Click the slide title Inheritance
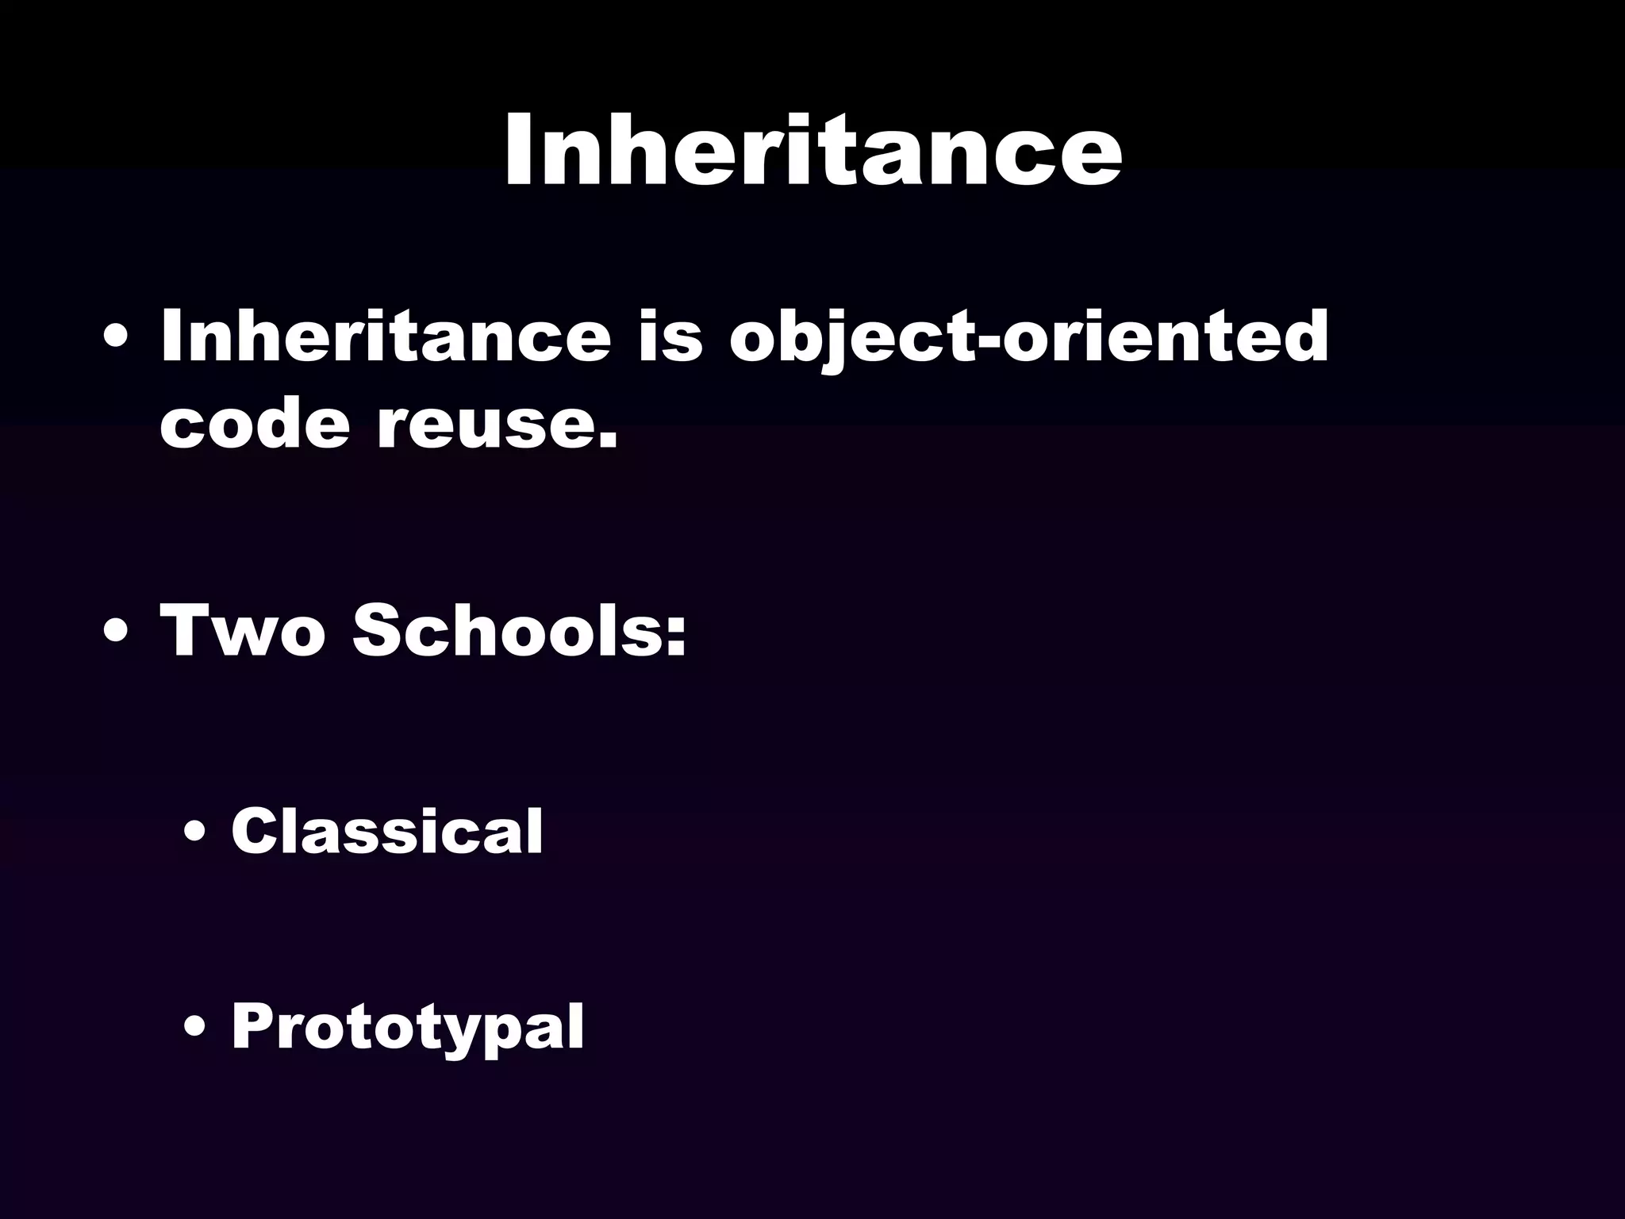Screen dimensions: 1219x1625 point(812,149)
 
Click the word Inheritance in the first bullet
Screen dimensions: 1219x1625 point(386,336)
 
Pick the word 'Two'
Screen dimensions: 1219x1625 point(243,631)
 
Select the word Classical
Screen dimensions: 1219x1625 point(387,831)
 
